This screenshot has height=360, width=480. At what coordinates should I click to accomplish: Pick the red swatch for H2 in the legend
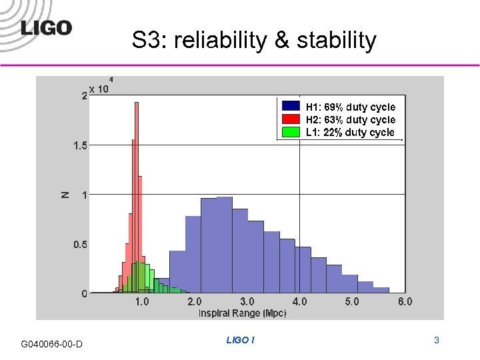click(x=291, y=119)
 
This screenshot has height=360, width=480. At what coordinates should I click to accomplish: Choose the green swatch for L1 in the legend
click(x=291, y=132)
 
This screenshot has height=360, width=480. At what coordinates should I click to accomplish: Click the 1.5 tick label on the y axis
click(x=79, y=145)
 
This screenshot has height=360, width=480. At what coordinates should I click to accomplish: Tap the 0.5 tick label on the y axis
click(x=79, y=245)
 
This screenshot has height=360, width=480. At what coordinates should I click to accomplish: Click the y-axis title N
click(x=65, y=195)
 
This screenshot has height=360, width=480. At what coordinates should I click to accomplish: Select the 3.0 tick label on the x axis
click(x=247, y=302)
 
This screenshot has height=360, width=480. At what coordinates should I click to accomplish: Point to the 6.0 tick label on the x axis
click(x=405, y=302)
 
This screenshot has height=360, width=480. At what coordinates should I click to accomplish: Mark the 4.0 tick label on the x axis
click(x=299, y=302)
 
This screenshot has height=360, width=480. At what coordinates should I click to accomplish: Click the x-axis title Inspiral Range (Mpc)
click(x=242, y=313)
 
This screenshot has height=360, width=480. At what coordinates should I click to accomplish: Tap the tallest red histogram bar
click(x=136, y=200)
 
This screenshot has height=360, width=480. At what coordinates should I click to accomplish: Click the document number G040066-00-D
click(x=52, y=344)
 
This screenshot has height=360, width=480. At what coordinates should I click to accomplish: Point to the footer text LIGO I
click(x=240, y=340)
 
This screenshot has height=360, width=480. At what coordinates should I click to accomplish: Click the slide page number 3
click(x=436, y=340)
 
